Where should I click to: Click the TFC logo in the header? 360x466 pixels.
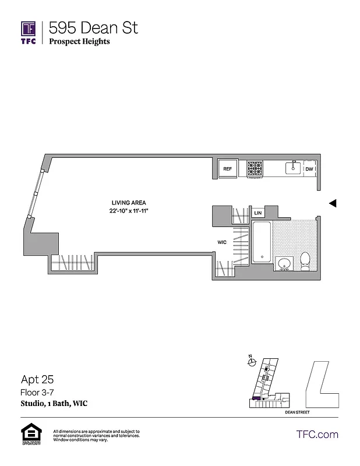pyautogui.click(x=29, y=33)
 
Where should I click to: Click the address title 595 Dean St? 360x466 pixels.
pyautogui.click(x=93, y=27)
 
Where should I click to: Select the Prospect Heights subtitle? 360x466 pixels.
pyautogui.click(x=79, y=42)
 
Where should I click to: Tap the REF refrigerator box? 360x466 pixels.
pyautogui.click(x=228, y=169)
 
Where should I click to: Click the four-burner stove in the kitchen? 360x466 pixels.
pyautogui.click(x=255, y=168)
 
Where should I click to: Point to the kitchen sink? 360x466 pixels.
pyautogui.click(x=292, y=168)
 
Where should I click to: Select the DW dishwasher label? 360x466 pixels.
pyautogui.click(x=309, y=169)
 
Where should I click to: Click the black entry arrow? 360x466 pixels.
pyautogui.click(x=333, y=203)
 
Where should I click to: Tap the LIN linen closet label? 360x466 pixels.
pyautogui.click(x=257, y=213)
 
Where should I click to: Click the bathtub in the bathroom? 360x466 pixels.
pyautogui.click(x=262, y=242)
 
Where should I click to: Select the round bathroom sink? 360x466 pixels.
pyautogui.click(x=284, y=264)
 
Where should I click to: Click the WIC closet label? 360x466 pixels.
pyautogui.click(x=222, y=242)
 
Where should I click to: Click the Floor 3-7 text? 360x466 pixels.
pyautogui.click(x=37, y=393)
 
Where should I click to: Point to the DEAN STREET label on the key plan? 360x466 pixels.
pyautogui.click(x=297, y=412)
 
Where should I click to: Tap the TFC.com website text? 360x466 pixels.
pyautogui.click(x=317, y=434)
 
